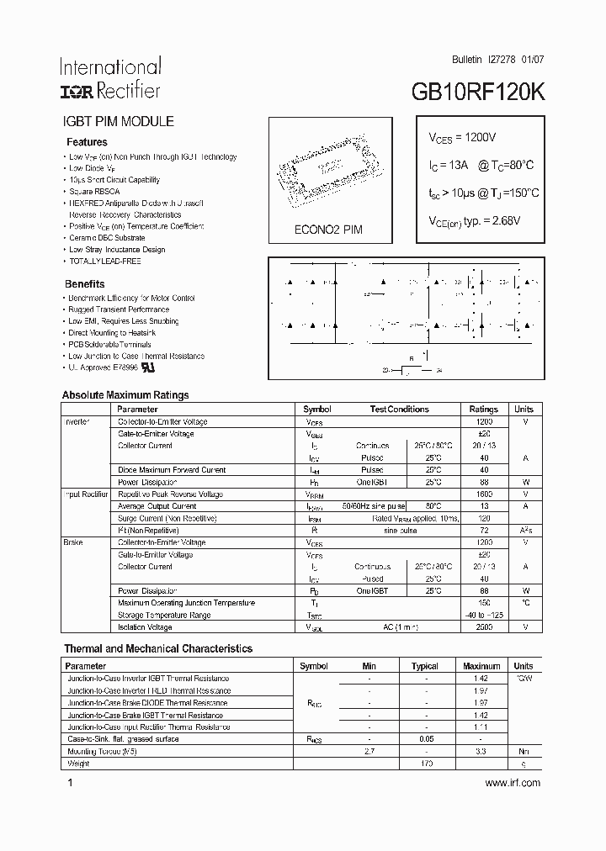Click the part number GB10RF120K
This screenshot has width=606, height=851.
(x=478, y=93)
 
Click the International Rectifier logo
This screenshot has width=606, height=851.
(x=109, y=78)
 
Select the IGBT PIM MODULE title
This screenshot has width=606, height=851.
(x=119, y=121)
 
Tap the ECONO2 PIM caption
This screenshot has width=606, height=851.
(x=328, y=230)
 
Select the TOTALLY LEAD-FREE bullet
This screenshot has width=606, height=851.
(x=104, y=261)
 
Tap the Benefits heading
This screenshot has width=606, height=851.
(x=85, y=284)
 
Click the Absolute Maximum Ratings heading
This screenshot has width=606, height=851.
(x=125, y=395)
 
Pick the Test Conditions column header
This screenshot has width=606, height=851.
(x=399, y=410)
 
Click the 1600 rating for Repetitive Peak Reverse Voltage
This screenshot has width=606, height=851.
(x=484, y=494)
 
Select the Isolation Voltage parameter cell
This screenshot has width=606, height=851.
(x=145, y=627)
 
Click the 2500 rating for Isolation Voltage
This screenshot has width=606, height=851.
(x=484, y=627)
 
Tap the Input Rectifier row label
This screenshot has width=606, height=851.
(x=86, y=494)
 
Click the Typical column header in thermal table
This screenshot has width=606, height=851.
(x=424, y=666)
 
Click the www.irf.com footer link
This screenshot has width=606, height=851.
(x=513, y=783)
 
